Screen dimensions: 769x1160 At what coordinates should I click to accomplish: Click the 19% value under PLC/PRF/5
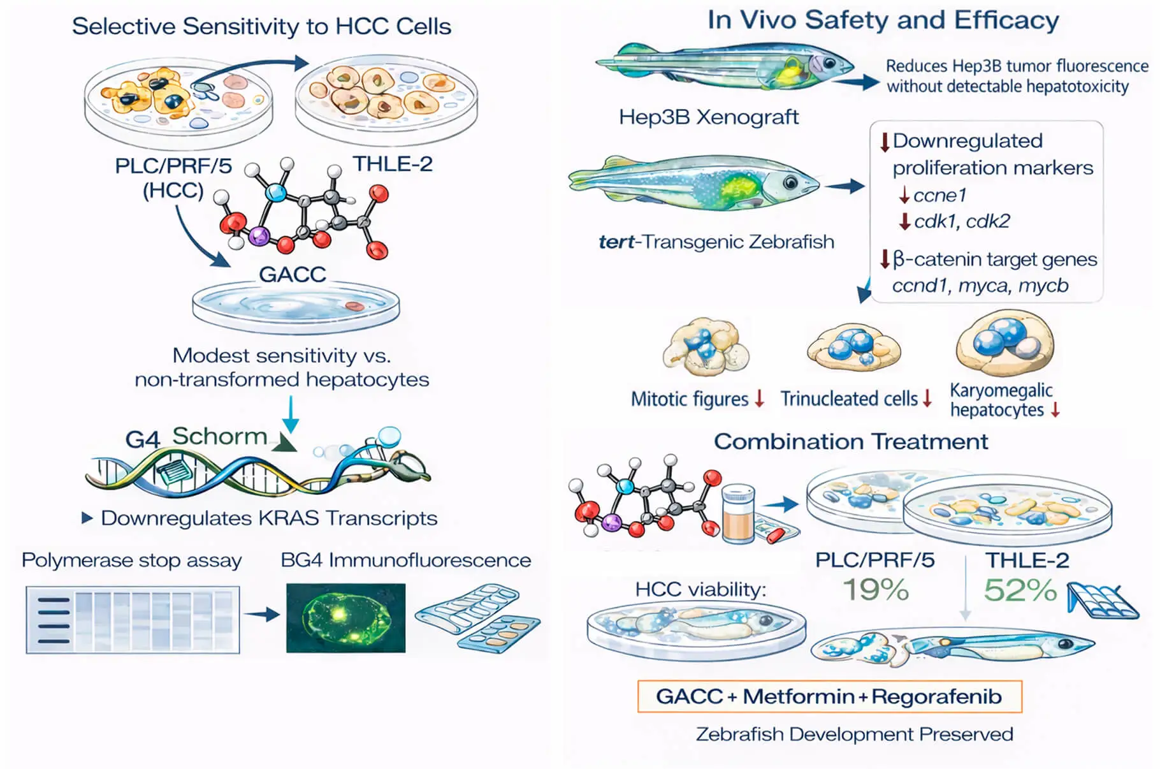click(x=876, y=590)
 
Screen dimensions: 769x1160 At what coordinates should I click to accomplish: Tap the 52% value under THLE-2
click(x=1020, y=590)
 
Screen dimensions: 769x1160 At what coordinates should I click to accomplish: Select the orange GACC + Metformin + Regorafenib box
click(x=829, y=696)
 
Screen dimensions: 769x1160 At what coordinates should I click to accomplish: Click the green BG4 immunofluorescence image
click(x=345, y=617)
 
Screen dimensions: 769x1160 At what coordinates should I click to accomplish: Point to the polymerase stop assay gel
click(x=133, y=620)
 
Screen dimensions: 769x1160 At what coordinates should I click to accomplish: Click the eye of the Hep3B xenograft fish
click(x=829, y=63)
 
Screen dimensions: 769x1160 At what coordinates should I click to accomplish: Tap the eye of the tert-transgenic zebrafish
click(x=791, y=183)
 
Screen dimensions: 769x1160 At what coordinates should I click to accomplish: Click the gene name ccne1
click(x=939, y=195)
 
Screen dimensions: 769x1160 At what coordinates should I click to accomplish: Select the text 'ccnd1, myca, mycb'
click(x=980, y=286)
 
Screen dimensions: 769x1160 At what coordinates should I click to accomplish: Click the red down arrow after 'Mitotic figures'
click(x=759, y=399)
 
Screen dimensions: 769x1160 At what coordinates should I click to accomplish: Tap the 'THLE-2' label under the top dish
click(x=393, y=164)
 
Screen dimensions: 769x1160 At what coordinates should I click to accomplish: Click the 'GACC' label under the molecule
click(x=292, y=274)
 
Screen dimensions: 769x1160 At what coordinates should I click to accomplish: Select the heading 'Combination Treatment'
click(x=850, y=441)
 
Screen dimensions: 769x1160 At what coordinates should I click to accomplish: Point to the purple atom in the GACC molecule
click(x=259, y=237)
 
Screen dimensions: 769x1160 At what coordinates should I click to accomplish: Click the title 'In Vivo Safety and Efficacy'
click(x=882, y=20)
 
